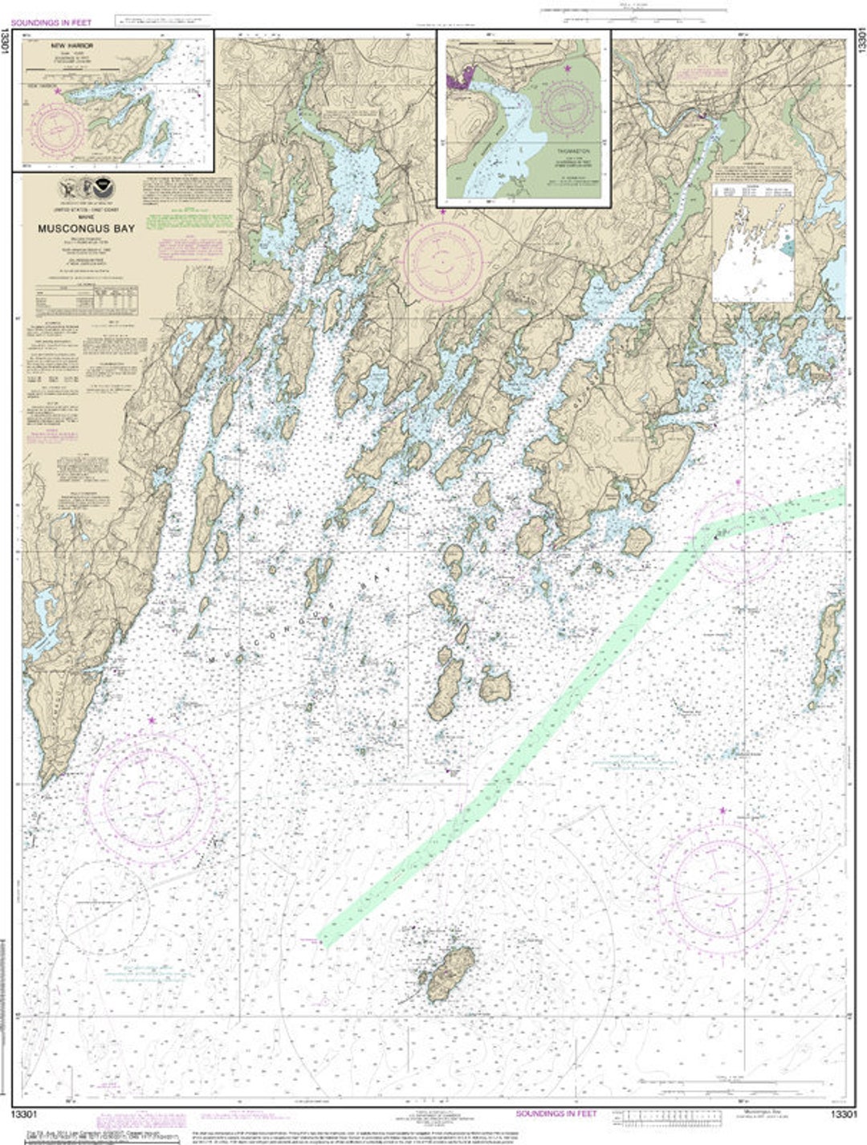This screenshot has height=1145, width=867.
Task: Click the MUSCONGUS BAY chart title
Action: point(86,228)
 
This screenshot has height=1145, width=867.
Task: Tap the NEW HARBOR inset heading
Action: point(71,47)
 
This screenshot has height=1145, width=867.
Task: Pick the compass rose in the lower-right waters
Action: point(720,889)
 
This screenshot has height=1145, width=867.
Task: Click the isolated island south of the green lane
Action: point(450,973)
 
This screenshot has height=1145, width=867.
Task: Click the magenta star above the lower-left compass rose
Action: point(152,721)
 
